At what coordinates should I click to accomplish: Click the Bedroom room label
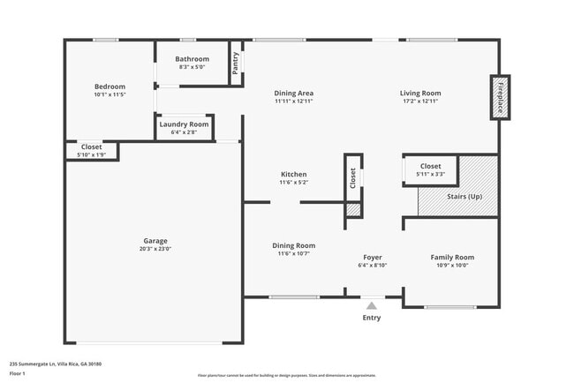coord(110,86)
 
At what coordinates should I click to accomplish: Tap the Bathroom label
coord(192,59)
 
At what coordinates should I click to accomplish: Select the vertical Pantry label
coord(236,64)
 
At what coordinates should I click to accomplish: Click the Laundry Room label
coord(184,124)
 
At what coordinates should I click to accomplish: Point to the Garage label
coord(155,241)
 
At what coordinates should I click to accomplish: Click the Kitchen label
coord(293,174)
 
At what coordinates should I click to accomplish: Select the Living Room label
coord(419,93)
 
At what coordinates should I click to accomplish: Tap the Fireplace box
coord(500,97)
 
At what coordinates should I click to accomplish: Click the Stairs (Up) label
coord(464,196)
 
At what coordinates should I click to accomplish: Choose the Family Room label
coord(452,257)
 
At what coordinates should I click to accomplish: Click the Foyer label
coord(373,257)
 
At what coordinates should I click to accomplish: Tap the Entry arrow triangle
coord(372,306)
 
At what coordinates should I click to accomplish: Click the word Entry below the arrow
coord(372,318)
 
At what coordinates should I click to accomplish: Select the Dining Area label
coord(293,93)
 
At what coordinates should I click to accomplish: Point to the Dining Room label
coord(293,245)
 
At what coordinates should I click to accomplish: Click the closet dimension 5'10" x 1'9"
coord(91,155)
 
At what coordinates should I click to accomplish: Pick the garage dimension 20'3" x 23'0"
coord(155,250)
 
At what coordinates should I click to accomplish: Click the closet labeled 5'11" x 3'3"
coord(430,169)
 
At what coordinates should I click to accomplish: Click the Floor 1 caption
coord(19,374)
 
